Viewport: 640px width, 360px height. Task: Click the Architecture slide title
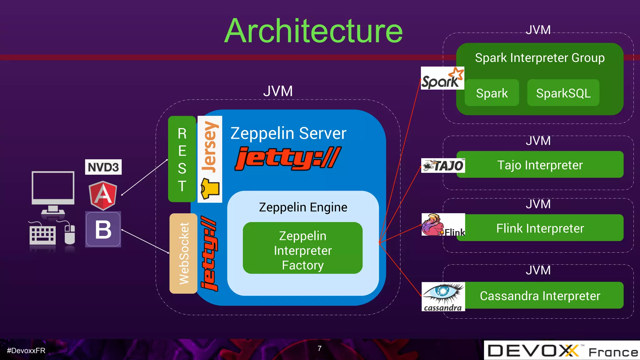(x=313, y=31)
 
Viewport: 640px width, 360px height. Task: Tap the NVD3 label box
(x=103, y=167)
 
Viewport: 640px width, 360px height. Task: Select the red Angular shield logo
(x=103, y=195)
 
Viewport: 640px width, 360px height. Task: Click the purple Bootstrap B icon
(x=103, y=230)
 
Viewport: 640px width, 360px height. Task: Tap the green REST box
(x=182, y=159)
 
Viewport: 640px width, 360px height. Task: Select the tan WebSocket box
(x=183, y=253)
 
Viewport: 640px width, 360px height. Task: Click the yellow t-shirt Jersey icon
(x=210, y=188)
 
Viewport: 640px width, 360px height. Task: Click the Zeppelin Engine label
(x=303, y=207)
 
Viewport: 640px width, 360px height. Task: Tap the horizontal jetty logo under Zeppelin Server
(x=287, y=158)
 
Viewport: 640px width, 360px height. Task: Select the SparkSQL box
(x=563, y=93)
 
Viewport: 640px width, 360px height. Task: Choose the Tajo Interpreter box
(x=540, y=165)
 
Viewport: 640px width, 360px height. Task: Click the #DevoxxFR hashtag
(x=26, y=351)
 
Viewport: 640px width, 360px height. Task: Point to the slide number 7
(x=319, y=348)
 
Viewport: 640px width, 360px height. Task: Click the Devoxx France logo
(x=562, y=351)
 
